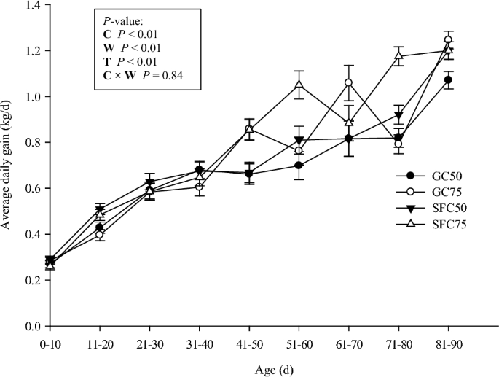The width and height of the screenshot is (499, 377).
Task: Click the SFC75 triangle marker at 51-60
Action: [x=299, y=85]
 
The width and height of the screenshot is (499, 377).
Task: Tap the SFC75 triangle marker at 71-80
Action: [x=398, y=55]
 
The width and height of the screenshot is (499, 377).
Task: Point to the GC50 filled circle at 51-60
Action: [x=299, y=166]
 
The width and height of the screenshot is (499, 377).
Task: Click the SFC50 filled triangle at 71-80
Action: [x=398, y=115]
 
